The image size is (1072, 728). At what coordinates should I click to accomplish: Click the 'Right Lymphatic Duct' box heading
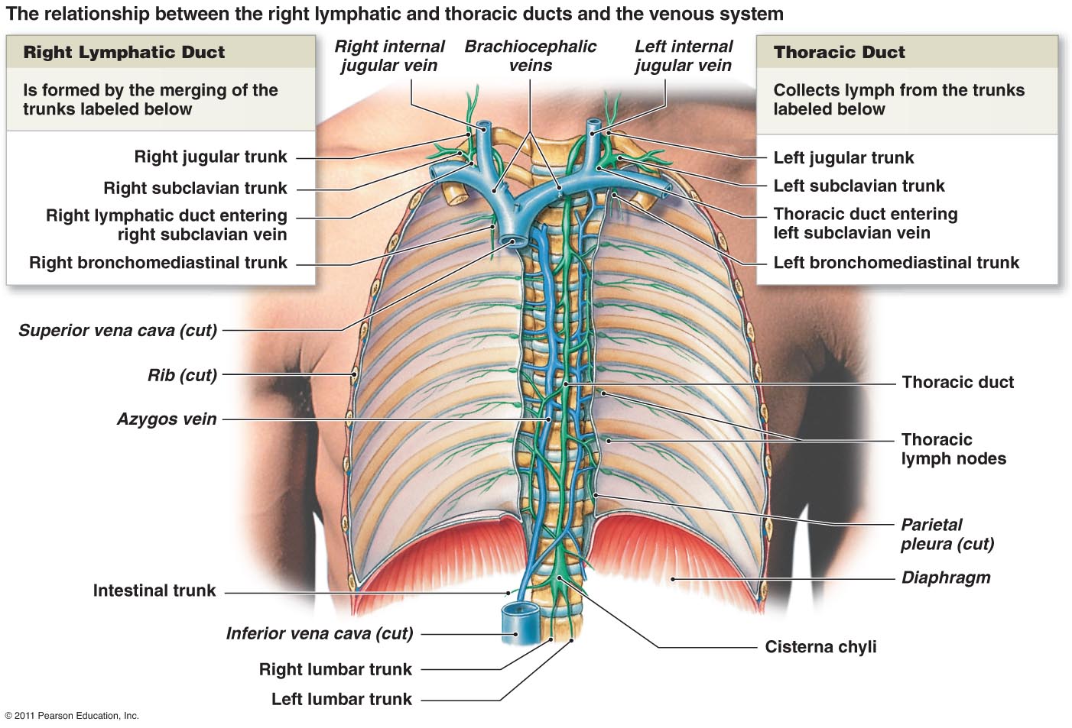[x=124, y=52]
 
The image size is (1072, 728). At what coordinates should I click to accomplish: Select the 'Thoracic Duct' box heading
[x=839, y=52]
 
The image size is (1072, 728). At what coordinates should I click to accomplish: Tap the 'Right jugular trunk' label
[x=210, y=157]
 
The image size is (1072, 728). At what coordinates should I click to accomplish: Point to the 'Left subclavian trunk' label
[x=859, y=186]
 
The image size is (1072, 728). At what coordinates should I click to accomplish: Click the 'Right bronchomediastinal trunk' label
[x=158, y=263]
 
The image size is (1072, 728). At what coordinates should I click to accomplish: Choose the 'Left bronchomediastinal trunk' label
[x=896, y=263]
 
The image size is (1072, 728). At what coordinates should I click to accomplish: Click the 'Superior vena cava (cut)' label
[x=118, y=330]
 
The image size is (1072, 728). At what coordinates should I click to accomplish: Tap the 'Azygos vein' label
[x=167, y=419]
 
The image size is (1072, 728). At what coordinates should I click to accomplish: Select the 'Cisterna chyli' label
[x=820, y=647]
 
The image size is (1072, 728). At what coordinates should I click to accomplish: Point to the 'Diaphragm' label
[x=946, y=578]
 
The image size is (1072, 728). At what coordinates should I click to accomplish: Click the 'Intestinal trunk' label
[x=154, y=590]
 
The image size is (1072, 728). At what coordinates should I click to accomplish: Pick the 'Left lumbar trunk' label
[x=341, y=699]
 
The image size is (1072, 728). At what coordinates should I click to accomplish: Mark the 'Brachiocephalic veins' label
[x=530, y=56]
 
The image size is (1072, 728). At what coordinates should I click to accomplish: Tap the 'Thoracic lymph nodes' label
[x=953, y=449]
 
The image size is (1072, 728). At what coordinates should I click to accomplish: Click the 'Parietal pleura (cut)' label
[x=947, y=534]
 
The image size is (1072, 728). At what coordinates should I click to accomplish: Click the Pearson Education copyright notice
[x=72, y=716]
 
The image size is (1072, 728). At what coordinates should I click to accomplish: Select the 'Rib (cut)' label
[x=182, y=375]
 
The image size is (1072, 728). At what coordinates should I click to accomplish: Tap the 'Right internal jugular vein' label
[x=389, y=56]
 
